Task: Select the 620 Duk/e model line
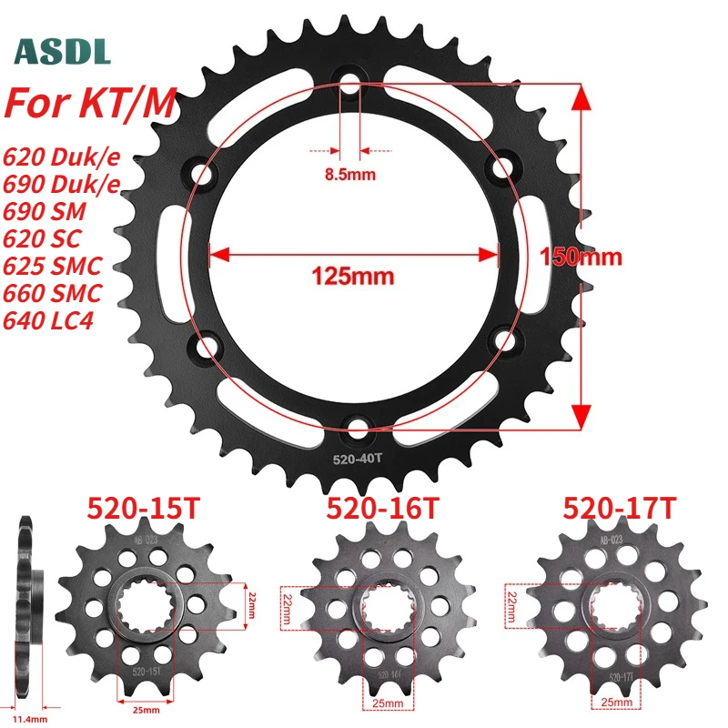(62, 157)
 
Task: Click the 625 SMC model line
(53, 266)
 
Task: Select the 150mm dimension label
(581, 256)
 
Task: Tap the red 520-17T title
(612, 507)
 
